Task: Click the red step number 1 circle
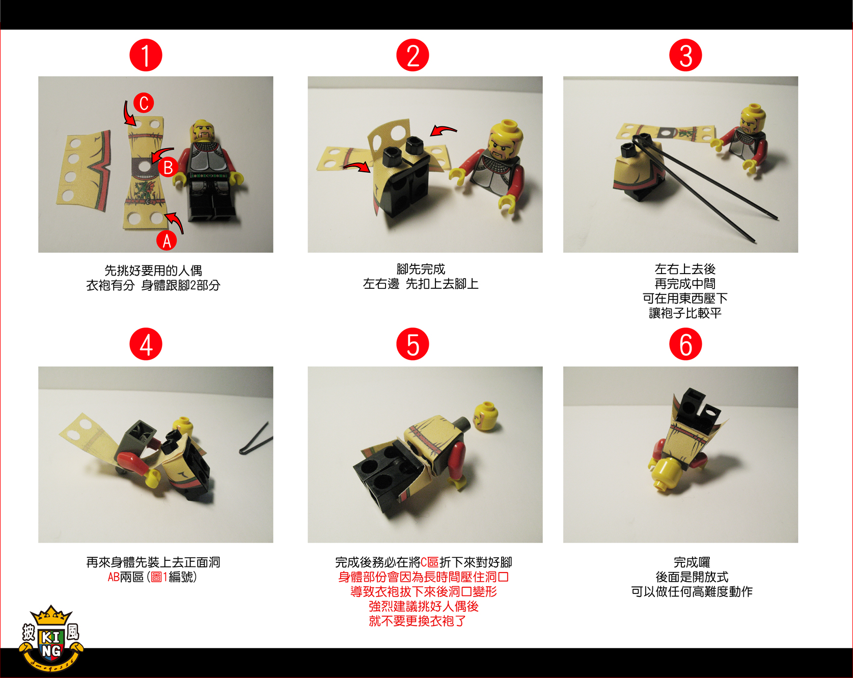tap(146, 55)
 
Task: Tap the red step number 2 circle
tap(412, 55)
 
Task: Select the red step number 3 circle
tap(685, 55)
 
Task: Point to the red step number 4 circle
tap(146, 344)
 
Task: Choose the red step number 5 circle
tap(412, 344)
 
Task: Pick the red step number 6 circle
tap(685, 344)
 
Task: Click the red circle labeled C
tap(144, 103)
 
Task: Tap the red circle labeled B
tap(168, 167)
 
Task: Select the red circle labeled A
tap(167, 240)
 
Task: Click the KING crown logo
tap(51, 638)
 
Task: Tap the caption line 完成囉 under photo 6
tap(692, 562)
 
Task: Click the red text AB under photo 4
tap(114, 577)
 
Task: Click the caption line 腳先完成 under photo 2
tap(421, 269)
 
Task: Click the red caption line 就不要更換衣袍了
tap(417, 621)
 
